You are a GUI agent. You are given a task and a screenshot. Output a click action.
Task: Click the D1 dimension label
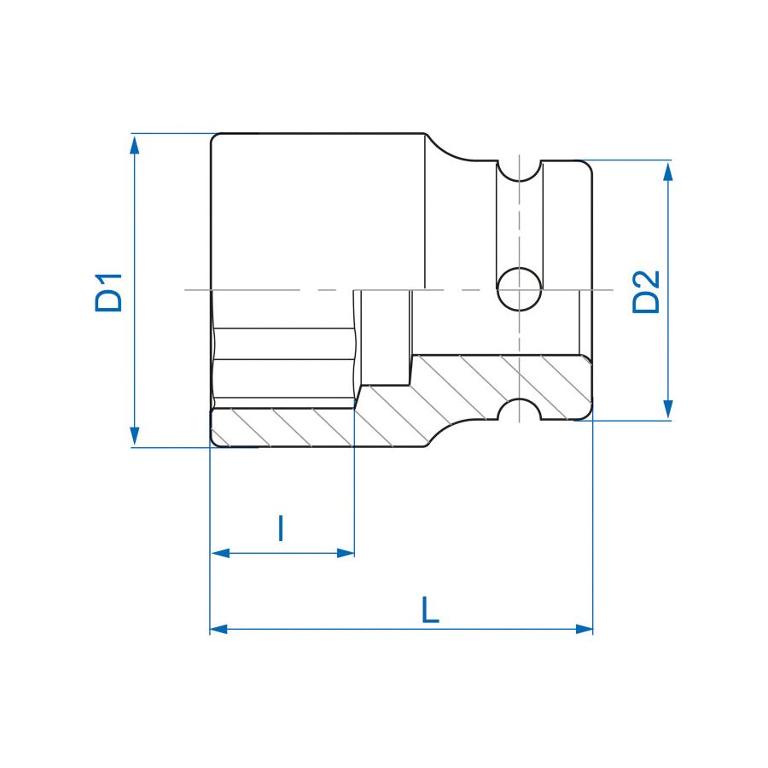tap(109, 292)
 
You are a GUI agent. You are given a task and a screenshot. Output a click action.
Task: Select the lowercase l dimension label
tap(281, 529)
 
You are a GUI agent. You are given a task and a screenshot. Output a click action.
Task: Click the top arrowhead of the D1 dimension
tap(134, 143)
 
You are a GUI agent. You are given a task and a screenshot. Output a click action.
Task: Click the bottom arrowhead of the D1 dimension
tap(134, 436)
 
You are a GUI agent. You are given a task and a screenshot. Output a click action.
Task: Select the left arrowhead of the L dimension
tap(219, 629)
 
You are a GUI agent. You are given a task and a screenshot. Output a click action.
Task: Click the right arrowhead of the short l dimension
tap(346, 553)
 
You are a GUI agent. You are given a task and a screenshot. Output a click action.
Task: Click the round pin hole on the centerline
tap(519, 289)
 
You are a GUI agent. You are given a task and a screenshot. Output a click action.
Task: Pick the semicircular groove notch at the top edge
tap(519, 171)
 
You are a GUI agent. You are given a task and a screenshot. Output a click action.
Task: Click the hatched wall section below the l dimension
tap(282, 427)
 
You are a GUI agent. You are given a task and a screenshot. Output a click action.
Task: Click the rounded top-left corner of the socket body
tap(216, 138)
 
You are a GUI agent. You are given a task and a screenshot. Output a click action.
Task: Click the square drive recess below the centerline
tap(384, 337)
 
